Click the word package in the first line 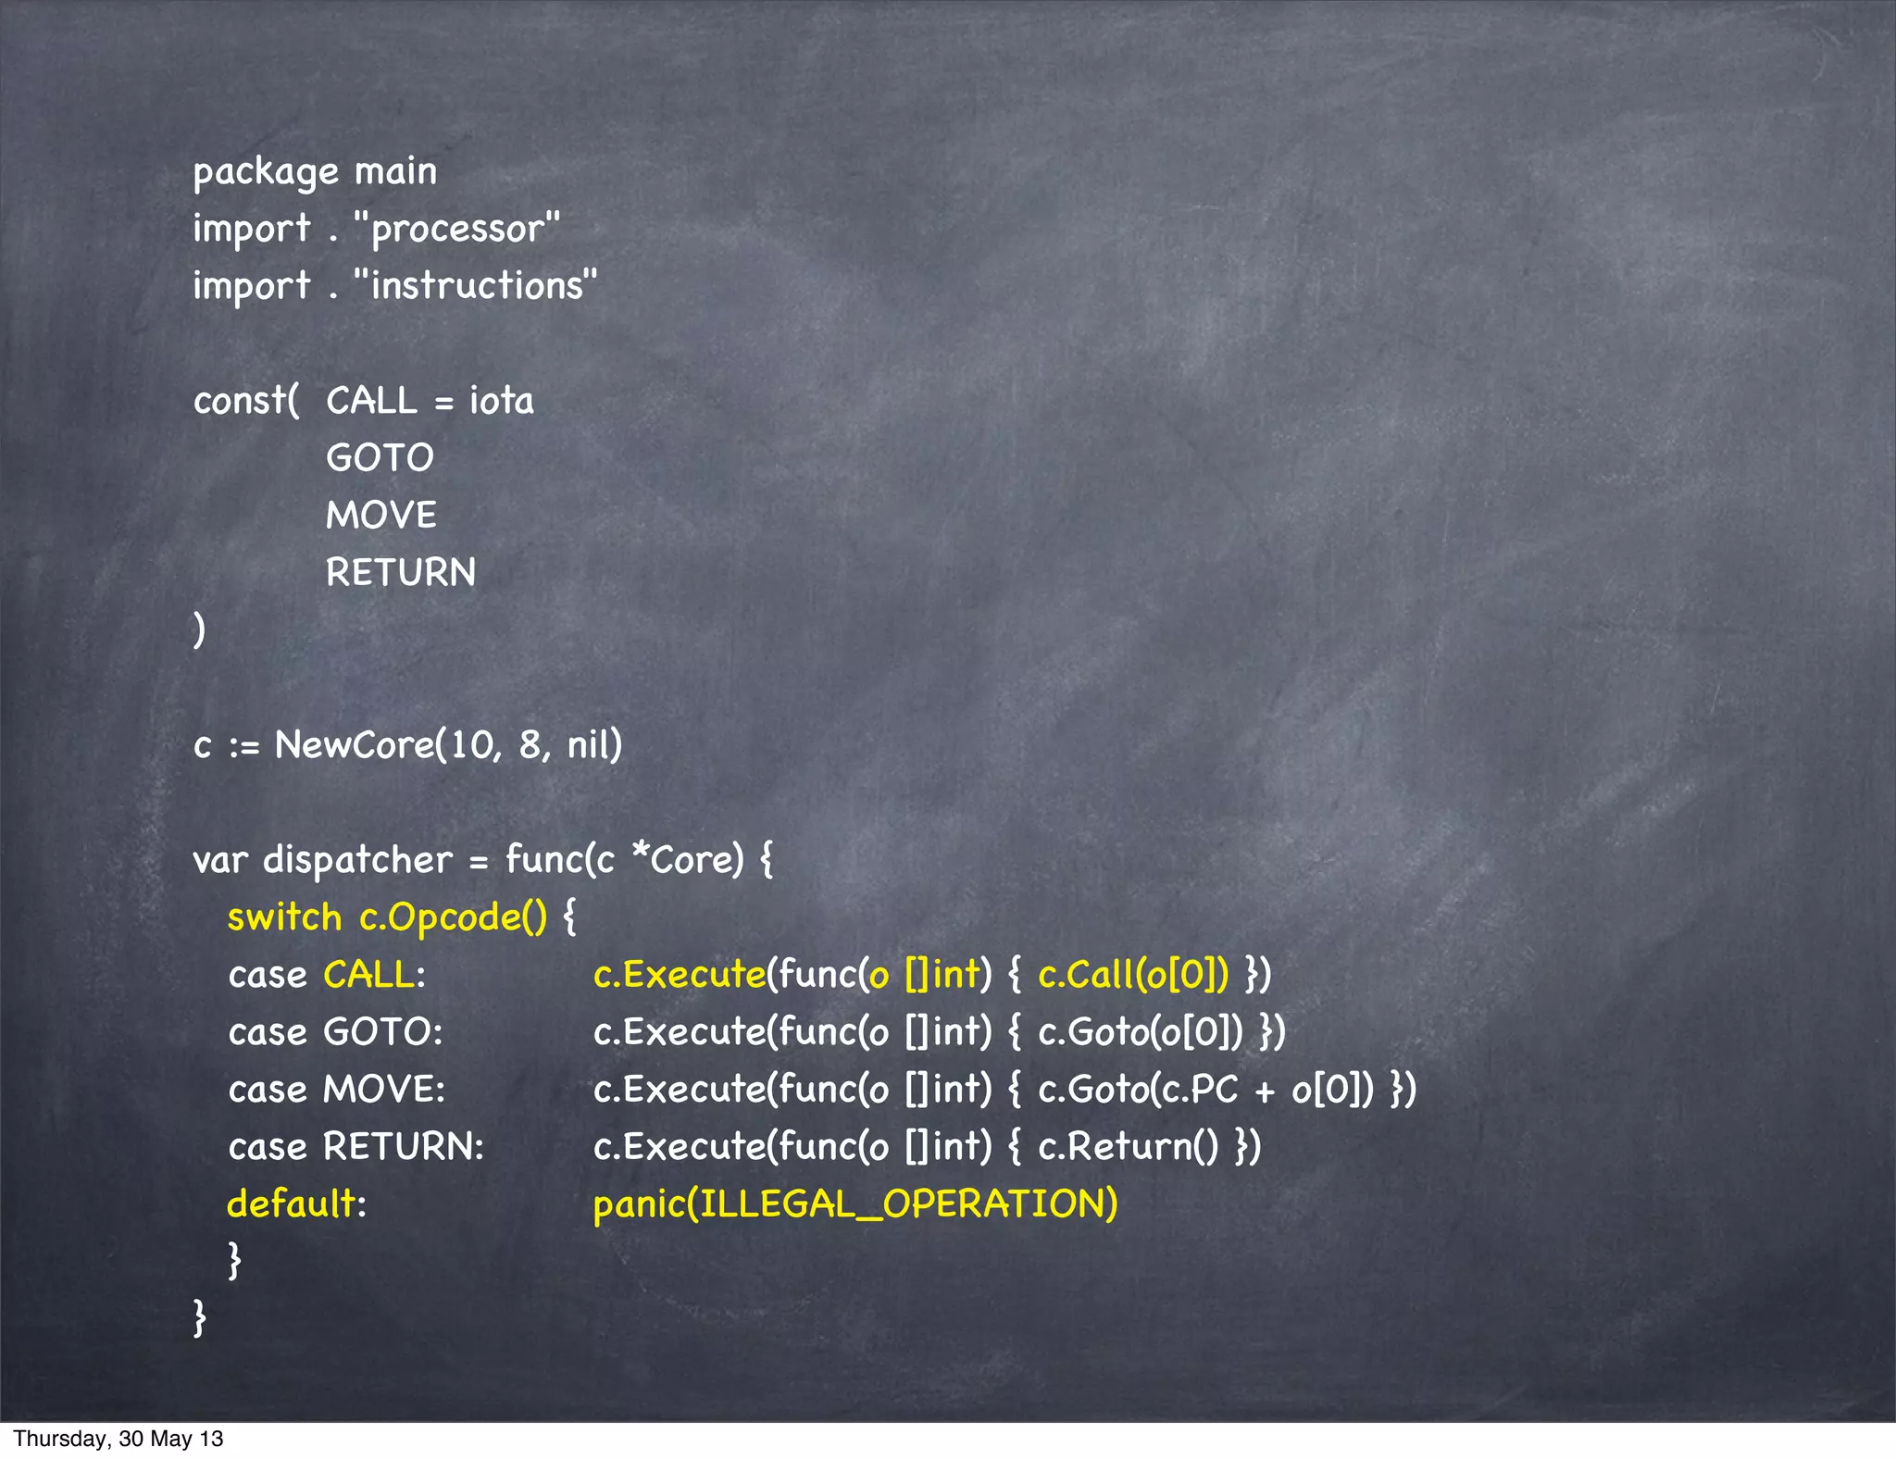(x=266, y=173)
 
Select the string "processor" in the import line (x=457, y=229)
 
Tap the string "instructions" (x=476, y=286)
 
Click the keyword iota (x=501, y=401)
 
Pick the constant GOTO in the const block (x=380, y=458)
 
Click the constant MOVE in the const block (x=380, y=516)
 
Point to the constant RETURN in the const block (x=400, y=573)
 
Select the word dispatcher (x=357, y=860)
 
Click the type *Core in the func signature (x=686, y=860)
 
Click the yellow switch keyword (x=284, y=917)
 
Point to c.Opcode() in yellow (x=453, y=917)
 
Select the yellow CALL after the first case (x=368, y=975)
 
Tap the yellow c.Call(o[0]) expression (x=1133, y=975)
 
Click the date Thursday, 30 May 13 (x=118, y=1439)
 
